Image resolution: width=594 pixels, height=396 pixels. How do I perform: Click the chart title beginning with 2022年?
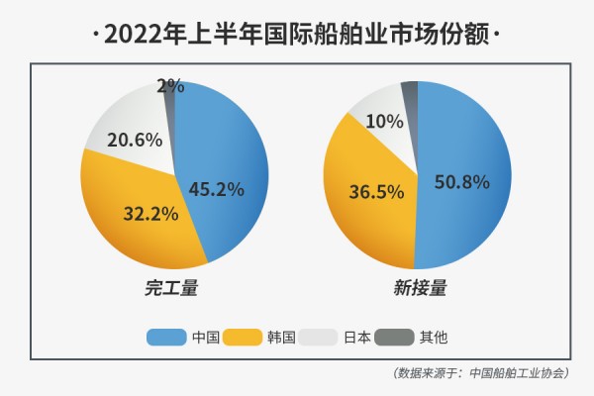297,34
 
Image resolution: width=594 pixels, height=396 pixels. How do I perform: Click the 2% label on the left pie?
170,86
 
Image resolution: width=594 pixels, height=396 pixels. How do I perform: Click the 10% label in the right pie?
384,122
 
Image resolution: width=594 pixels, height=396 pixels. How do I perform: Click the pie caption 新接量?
419,289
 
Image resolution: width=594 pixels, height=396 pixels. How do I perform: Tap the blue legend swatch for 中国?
167,338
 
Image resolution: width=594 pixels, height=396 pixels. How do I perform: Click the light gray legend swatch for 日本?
319,338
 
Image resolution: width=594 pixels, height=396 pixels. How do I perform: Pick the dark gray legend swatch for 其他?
394,338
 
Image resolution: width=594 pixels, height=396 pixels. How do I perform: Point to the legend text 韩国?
282,338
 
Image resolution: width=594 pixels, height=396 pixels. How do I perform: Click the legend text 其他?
434,338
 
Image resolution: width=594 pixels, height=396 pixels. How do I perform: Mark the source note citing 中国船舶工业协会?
480,373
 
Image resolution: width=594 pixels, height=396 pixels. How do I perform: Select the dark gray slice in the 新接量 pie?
410,92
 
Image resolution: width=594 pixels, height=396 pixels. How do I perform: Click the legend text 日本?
356,338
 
